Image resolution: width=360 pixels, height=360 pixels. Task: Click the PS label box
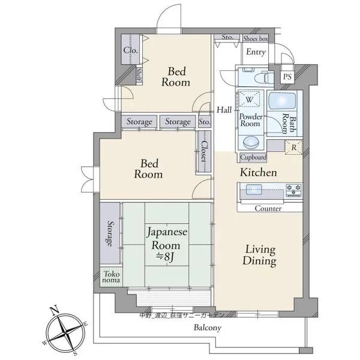click(x=287, y=77)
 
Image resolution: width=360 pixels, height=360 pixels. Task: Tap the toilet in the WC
click(x=264, y=77)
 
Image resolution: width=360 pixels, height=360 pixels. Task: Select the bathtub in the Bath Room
click(x=282, y=101)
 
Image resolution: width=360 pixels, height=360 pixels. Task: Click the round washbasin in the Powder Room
click(x=251, y=143)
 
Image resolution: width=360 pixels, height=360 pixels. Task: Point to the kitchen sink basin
click(x=254, y=190)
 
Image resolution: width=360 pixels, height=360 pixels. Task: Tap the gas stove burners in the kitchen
click(x=293, y=190)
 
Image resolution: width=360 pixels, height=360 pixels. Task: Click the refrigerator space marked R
click(x=293, y=148)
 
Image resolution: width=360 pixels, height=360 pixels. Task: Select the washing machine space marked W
click(x=249, y=99)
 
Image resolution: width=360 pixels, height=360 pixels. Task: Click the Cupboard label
click(x=253, y=157)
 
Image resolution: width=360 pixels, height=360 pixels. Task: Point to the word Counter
click(x=268, y=208)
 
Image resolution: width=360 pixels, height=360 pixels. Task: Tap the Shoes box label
click(x=256, y=38)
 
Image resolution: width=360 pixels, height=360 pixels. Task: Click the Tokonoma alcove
click(x=111, y=277)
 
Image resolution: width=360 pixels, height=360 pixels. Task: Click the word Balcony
click(x=208, y=328)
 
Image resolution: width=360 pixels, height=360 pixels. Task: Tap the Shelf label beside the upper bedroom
click(x=139, y=75)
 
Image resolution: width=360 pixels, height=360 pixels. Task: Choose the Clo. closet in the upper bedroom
click(x=130, y=50)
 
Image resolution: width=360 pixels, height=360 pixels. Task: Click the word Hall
click(x=224, y=110)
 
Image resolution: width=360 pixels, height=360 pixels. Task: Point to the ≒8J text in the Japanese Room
click(x=165, y=257)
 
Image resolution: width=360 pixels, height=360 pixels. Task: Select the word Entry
click(x=256, y=52)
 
